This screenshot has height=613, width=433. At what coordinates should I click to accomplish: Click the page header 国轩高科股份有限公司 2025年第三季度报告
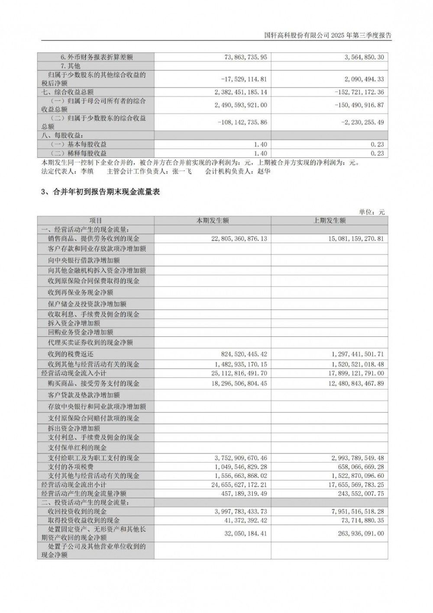(x=328, y=36)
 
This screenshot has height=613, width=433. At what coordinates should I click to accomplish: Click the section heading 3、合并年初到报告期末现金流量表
(x=100, y=192)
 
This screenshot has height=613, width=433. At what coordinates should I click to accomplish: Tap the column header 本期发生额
(x=213, y=221)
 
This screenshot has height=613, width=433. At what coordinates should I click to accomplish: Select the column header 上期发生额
(x=330, y=221)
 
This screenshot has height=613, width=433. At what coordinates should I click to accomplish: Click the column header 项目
(x=96, y=221)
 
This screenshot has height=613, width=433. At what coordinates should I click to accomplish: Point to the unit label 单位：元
(x=372, y=212)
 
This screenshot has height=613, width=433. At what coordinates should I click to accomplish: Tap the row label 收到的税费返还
(x=71, y=354)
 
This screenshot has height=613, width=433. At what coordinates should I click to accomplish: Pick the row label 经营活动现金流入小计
(x=74, y=373)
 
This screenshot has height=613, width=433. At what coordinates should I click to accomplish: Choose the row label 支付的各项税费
(x=71, y=466)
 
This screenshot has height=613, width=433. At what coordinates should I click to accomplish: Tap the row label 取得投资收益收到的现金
(x=84, y=520)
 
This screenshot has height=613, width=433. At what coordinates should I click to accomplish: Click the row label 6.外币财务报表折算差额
(x=96, y=57)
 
